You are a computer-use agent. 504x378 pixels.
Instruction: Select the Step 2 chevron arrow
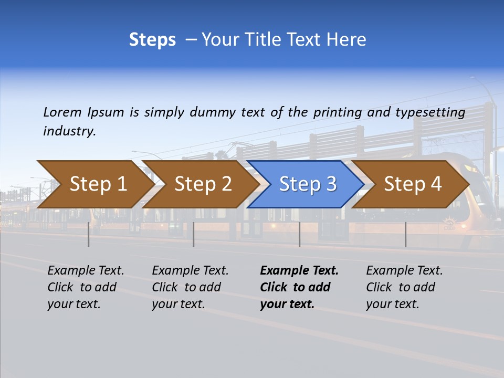coord(202,184)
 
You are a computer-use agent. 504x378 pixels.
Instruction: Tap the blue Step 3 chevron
coord(307,184)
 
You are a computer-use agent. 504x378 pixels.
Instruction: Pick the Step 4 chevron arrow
coord(412,184)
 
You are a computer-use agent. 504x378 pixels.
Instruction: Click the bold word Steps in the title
coord(152,40)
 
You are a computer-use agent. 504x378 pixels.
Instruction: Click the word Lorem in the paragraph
coord(62,112)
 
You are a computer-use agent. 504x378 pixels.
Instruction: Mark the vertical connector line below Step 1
coord(89,234)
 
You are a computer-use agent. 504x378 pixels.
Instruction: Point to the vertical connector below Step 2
coord(194,234)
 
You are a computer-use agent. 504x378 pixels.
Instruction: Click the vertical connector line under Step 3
coord(299,234)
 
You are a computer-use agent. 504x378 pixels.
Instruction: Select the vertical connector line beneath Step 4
coord(405,234)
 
